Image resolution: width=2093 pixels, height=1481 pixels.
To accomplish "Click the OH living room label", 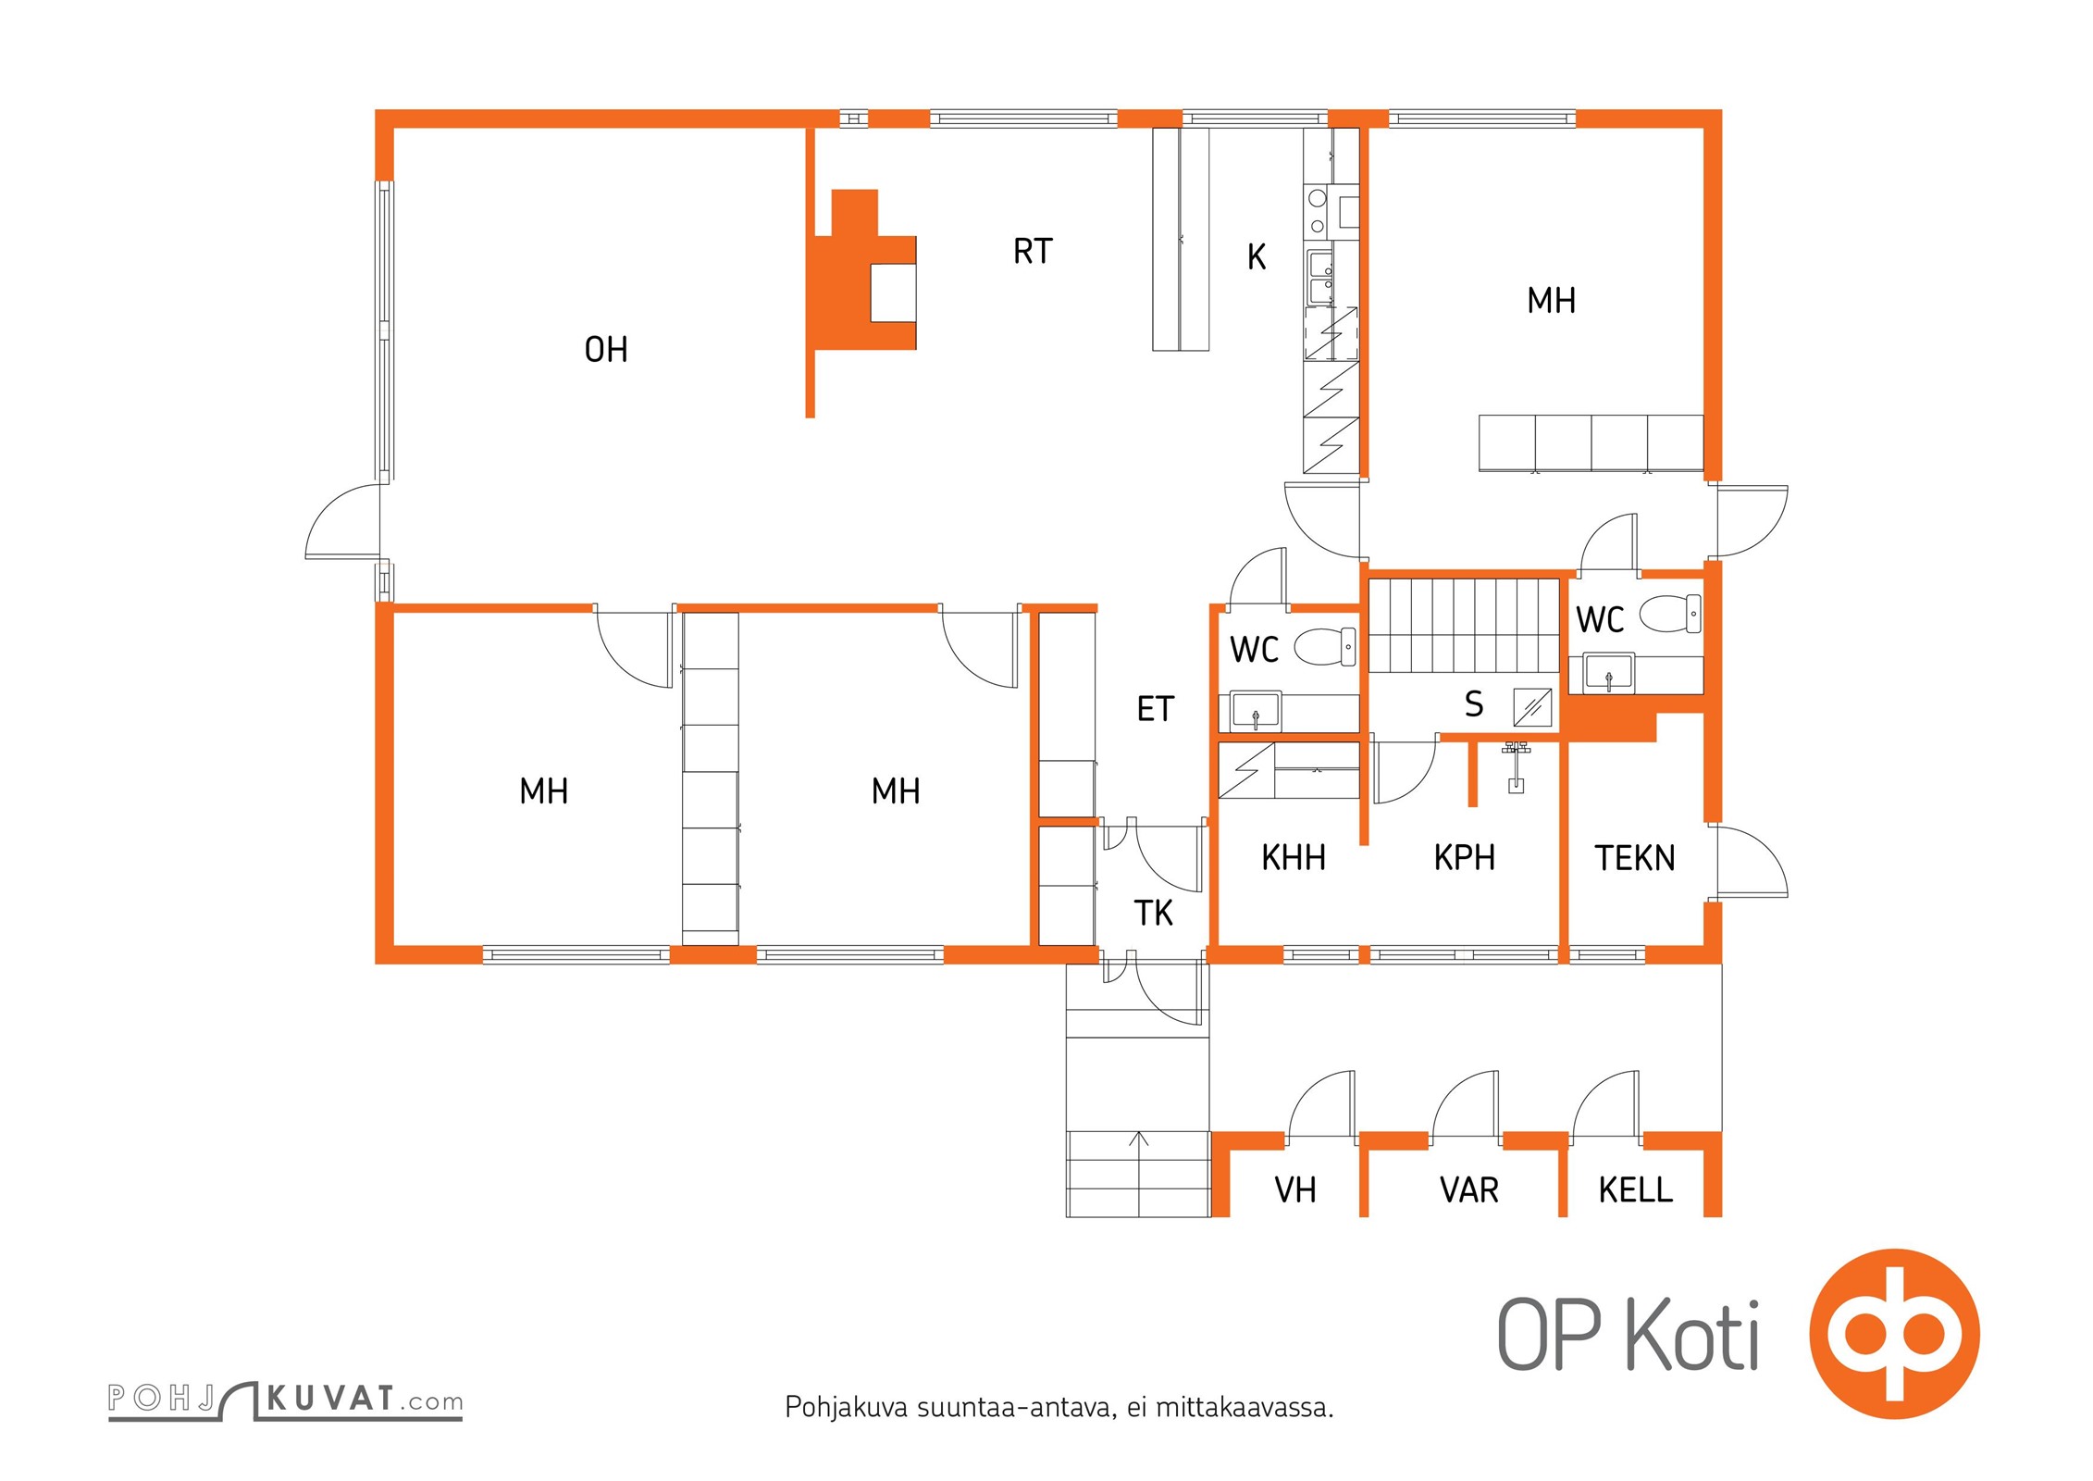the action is click(606, 350).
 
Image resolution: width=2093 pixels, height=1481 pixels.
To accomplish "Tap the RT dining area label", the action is click(1033, 252).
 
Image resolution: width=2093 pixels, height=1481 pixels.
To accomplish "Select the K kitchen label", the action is click(1257, 257).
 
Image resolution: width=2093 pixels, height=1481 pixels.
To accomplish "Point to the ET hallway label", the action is click(1156, 709).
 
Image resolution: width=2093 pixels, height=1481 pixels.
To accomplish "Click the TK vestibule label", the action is click(1154, 914).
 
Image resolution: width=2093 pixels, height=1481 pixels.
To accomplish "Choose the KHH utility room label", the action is click(1294, 858).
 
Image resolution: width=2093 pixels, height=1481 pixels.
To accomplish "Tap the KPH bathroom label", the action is click(1465, 858).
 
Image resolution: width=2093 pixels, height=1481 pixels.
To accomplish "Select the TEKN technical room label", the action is click(1635, 859).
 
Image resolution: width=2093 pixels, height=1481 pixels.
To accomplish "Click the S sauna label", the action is click(1474, 704).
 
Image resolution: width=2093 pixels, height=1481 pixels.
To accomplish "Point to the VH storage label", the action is click(1295, 1190).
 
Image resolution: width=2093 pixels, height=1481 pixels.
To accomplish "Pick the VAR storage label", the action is click(1469, 1190).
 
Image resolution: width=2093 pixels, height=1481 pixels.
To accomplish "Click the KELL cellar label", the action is click(1636, 1190).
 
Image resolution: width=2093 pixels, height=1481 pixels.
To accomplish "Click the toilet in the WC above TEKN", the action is click(1670, 614).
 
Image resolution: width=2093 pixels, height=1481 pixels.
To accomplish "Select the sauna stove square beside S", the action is click(1532, 708).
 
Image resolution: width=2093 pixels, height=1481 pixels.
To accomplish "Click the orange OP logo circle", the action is click(1894, 1334).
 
